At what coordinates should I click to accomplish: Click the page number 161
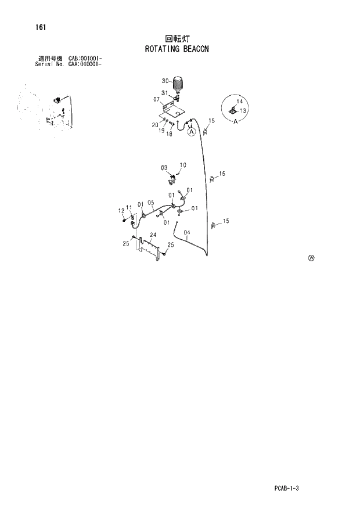pyautogui.click(x=41, y=27)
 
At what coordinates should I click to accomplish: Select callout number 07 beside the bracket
pyautogui.click(x=157, y=99)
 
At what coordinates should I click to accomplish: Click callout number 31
pyautogui.click(x=165, y=93)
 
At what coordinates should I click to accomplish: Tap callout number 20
pyautogui.click(x=155, y=125)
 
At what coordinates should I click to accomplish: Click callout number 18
pyautogui.click(x=170, y=134)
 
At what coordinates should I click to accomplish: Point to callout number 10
pyautogui.click(x=183, y=165)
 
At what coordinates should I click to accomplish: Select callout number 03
pyautogui.click(x=164, y=168)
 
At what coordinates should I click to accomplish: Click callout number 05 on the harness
pyautogui.click(x=150, y=203)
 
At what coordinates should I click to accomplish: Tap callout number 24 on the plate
pyautogui.click(x=153, y=235)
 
